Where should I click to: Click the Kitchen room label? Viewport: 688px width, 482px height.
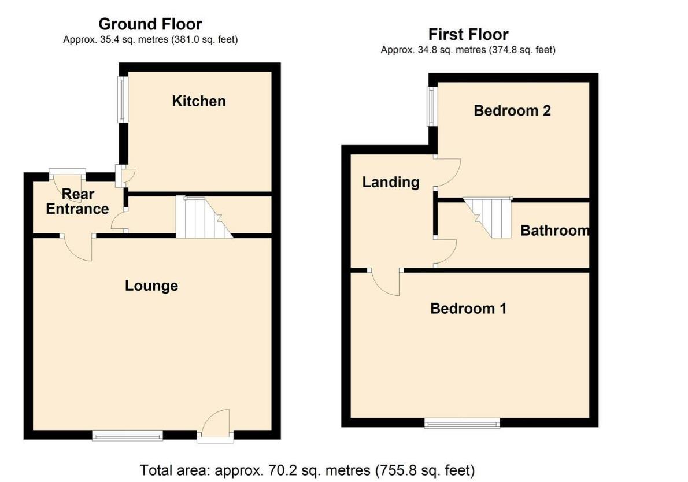point(199,101)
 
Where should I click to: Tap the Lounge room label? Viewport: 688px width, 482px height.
point(151,286)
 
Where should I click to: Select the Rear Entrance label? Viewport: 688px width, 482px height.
point(77,202)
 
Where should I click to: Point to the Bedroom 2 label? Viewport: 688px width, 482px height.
point(512,110)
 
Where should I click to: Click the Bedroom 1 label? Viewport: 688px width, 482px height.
point(468,309)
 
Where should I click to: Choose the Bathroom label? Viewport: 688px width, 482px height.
point(554,231)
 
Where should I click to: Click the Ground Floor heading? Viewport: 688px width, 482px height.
point(150,24)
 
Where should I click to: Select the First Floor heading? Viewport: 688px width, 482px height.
point(468,34)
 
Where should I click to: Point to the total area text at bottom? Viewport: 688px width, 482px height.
point(307,469)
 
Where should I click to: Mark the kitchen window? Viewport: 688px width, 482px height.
point(123,99)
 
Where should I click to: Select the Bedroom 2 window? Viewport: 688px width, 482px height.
point(431,106)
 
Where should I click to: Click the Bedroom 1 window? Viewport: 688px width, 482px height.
point(462,424)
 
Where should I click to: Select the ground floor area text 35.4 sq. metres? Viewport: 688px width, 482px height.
point(150,40)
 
